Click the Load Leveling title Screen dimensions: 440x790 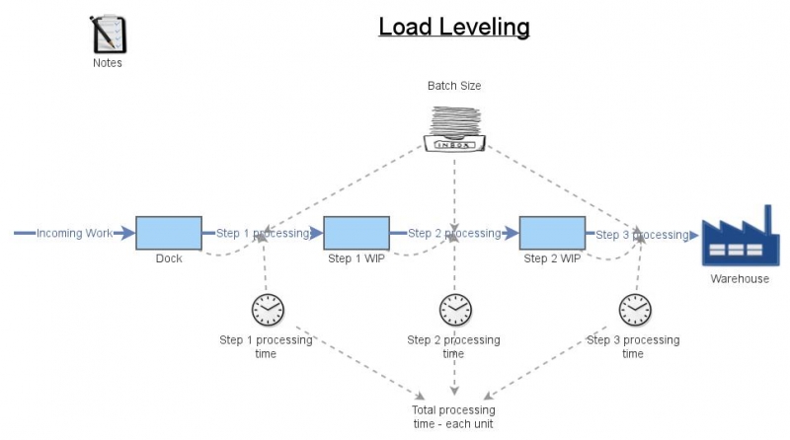coord(454,27)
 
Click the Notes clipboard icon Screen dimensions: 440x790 coord(107,35)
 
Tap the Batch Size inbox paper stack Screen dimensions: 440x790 coord(454,127)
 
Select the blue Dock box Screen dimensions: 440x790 coord(169,234)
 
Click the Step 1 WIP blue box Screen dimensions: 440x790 coord(355,234)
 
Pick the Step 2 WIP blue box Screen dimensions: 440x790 coord(551,234)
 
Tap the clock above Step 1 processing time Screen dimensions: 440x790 coord(267,310)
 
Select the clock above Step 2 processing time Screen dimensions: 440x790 coord(454,310)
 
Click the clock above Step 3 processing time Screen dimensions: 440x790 coord(634,310)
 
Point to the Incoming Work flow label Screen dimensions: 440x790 coord(73,234)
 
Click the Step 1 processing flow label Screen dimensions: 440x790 coord(261,234)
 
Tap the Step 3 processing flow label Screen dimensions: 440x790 coord(642,235)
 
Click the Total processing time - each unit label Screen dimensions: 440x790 coord(453,416)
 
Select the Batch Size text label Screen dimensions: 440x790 coord(454,86)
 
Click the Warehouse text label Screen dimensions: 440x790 coord(739,279)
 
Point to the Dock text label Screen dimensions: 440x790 coord(169,259)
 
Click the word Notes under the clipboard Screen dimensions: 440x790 coord(107,63)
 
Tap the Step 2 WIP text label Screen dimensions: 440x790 coord(551,259)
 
